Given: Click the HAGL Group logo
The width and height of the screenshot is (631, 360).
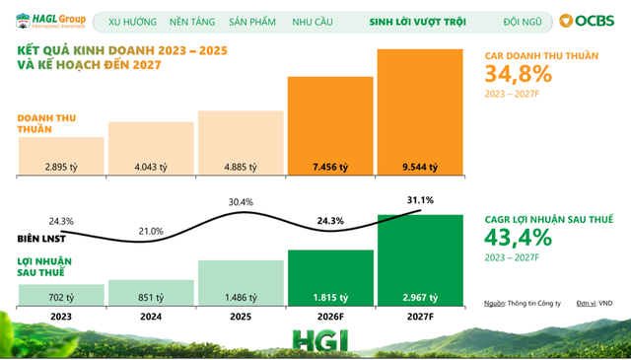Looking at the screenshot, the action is click(x=50, y=21).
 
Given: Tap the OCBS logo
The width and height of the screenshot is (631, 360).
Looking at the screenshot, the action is click(x=587, y=21).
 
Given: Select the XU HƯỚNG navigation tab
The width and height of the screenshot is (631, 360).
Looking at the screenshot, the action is click(x=132, y=22).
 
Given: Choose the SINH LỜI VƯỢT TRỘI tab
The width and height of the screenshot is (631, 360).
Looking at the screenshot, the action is click(x=418, y=22).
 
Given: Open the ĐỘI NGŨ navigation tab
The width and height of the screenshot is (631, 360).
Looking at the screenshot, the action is click(x=523, y=22).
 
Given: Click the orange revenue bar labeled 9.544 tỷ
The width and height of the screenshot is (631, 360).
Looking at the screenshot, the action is click(x=420, y=112).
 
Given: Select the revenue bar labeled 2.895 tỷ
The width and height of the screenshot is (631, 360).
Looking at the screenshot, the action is click(x=61, y=156).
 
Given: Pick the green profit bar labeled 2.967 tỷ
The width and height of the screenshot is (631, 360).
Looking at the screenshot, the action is click(x=420, y=260).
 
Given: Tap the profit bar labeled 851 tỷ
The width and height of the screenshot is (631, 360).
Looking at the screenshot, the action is click(x=151, y=293).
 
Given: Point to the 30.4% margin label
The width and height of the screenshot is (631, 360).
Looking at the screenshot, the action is click(x=241, y=202).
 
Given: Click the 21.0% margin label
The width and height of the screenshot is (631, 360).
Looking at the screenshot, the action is click(x=151, y=231).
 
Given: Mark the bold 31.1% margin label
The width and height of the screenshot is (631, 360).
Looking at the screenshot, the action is click(x=420, y=200).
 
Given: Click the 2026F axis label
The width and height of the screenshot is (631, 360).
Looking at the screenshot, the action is click(x=330, y=317).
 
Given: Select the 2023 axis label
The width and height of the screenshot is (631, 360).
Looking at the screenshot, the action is click(x=61, y=317).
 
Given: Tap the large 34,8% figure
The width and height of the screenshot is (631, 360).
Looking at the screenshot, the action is click(x=519, y=74).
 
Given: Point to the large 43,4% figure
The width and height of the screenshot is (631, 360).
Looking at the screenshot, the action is click(x=519, y=237).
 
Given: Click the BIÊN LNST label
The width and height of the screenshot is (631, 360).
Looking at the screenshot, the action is click(x=41, y=239).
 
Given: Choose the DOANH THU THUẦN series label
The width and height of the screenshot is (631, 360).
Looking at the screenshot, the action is click(x=46, y=123).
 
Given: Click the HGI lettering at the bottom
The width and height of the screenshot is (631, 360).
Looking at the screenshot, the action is click(x=320, y=340).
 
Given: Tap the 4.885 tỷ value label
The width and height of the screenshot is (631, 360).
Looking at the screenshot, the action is click(x=241, y=167).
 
